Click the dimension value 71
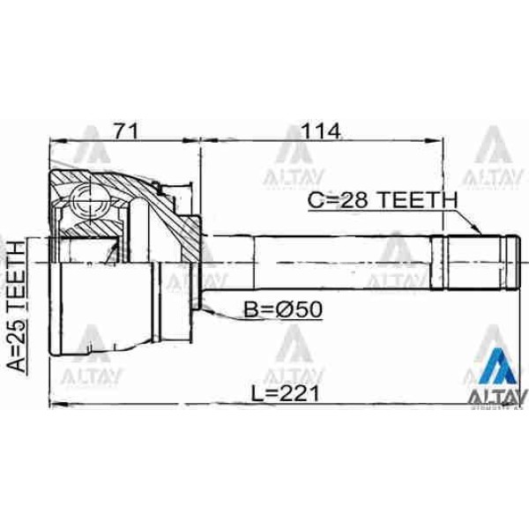click(126, 131)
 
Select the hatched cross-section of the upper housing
click(132, 190)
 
